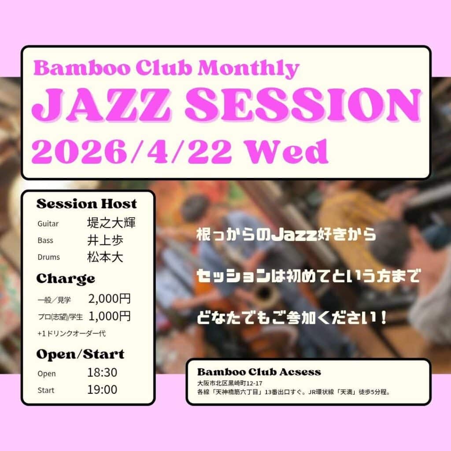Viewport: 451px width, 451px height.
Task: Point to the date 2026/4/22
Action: pyautogui.click(x=132, y=152)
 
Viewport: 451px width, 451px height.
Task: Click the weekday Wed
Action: pyautogui.click(x=286, y=152)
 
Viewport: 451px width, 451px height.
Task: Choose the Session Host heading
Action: pyautogui.click(x=86, y=204)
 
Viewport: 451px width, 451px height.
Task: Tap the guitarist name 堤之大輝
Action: pyautogui.click(x=111, y=223)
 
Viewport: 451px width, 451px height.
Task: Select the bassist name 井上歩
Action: pyautogui.click(x=105, y=240)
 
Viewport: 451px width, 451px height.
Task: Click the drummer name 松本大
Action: pyautogui.click(x=105, y=257)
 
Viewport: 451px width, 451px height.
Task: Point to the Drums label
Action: pyautogui.click(x=48, y=257)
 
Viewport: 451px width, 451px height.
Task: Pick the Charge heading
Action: pyautogui.click(x=65, y=278)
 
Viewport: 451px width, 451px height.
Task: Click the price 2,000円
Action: pyautogui.click(x=109, y=299)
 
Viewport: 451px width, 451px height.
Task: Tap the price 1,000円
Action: pyautogui.click(x=109, y=316)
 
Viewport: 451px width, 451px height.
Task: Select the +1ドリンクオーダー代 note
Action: pyautogui.click(x=71, y=333)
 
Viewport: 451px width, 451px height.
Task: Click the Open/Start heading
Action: pyautogui.click(x=80, y=354)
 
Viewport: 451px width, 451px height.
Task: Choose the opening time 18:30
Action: pyautogui.click(x=102, y=373)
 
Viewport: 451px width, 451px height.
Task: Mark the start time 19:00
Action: pyautogui.click(x=102, y=390)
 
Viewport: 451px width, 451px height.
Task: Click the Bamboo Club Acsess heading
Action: pyautogui.click(x=259, y=372)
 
